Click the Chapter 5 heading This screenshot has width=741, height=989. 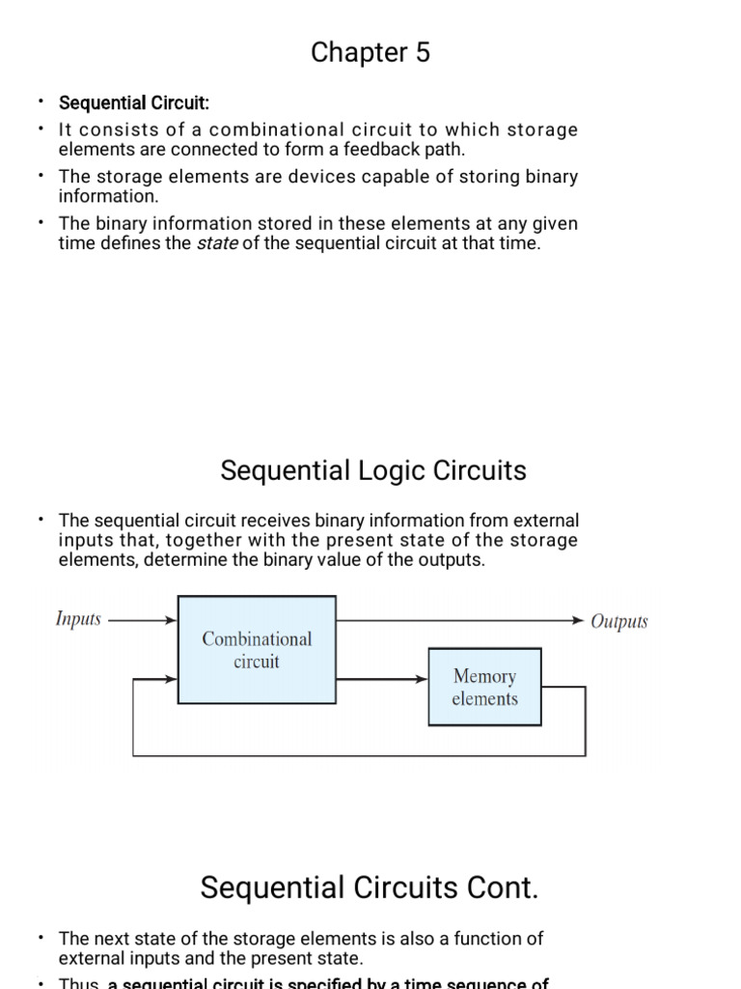click(370, 53)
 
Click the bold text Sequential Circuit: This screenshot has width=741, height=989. click(134, 103)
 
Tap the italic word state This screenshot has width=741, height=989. click(217, 244)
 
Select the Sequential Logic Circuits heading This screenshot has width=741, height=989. click(373, 471)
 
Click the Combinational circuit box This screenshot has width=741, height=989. click(257, 650)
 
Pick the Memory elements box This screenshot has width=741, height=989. click(484, 687)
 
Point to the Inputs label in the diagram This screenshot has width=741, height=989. click(78, 619)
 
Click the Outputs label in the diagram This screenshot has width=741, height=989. click(619, 621)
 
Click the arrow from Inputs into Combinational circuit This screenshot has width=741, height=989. click(145, 620)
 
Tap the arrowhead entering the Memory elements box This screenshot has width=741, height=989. click(421, 679)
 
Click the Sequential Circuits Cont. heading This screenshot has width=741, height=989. click(370, 889)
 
